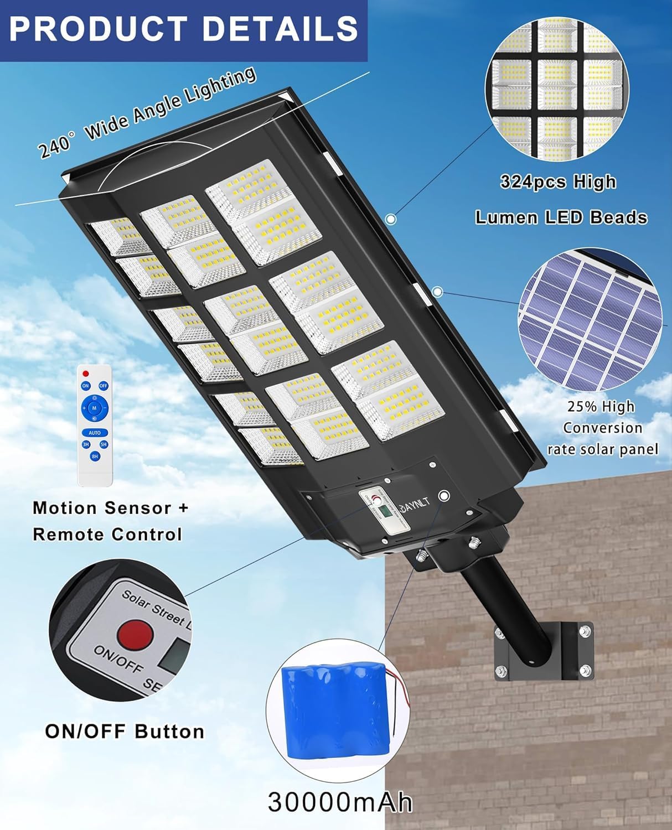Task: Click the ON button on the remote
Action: pos(86,386)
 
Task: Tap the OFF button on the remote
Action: pos(103,386)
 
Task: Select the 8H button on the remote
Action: pos(95,456)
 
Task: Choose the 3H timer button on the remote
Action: pos(86,444)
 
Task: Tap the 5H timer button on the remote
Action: pos(104,444)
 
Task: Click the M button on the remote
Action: pos(94,408)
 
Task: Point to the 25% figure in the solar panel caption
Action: pos(582,407)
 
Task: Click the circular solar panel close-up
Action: pos(590,319)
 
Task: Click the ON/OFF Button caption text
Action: pos(125,732)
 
